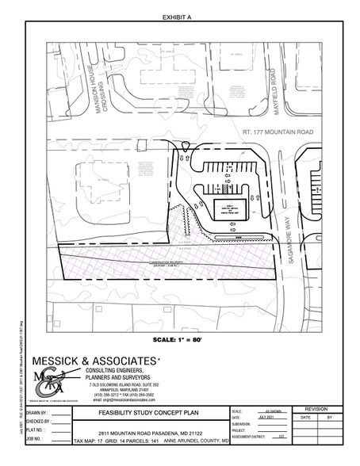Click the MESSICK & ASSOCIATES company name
pyautogui.click(x=96, y=361)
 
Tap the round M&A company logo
pyautogui.click(x=49, y=381)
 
